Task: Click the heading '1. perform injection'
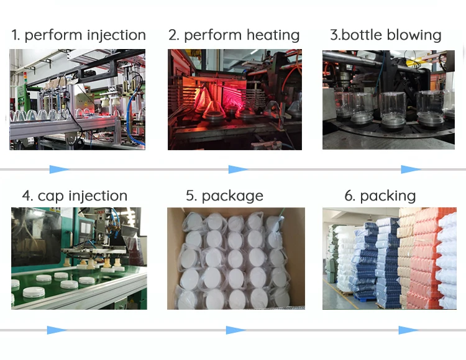[78, 35]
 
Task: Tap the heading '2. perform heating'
[234, 35]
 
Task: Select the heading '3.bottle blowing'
[385, 35]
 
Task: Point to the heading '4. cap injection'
[75, 196]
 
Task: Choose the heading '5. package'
[224, 196]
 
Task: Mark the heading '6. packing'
[380, 196]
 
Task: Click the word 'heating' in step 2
[272, 35]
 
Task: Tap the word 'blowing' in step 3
[414, 35]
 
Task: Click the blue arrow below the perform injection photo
[60, 169]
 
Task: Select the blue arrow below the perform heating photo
[238, 169]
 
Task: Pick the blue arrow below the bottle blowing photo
[411, 169]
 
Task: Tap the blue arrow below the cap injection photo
[57, 330]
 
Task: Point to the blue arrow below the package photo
[235, 330]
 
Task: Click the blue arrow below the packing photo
[408, 330]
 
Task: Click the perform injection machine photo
[77, 99]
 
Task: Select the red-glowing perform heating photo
[235, 99]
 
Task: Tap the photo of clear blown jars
[388, 99]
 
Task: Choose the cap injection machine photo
[79, 258]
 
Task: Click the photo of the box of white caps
[236, 258]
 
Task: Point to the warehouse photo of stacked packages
[389, 258]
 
